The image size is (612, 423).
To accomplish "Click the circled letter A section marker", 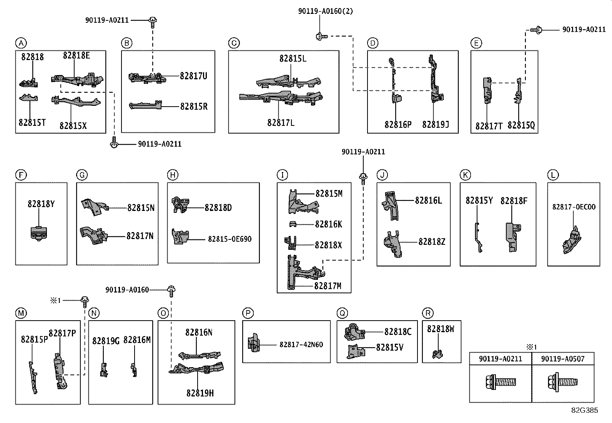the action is click(21, 43).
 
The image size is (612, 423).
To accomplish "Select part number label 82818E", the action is click(76, 55).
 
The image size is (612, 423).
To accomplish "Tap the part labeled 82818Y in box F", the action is click(39, 233).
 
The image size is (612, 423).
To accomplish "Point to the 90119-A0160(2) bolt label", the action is click(325, 11).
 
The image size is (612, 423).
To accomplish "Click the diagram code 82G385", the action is click(585, 410).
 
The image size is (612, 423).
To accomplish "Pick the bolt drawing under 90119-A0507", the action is click(562, 382).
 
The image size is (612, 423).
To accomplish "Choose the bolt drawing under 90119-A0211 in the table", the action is click(501, 382).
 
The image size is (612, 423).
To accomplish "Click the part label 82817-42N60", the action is click(301, 344).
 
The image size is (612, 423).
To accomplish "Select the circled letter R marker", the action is click(428, 313).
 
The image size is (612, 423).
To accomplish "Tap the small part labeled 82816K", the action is click(293, 224).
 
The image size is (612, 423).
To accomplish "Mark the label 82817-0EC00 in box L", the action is click(574, 207).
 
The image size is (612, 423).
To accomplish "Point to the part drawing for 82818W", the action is click(437, 354).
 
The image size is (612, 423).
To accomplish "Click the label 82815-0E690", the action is click(230, 239).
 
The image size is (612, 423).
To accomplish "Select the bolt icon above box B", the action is click(153, 22).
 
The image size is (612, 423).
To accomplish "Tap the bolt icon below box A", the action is click(114, 142).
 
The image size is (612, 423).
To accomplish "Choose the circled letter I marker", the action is click(282, 175).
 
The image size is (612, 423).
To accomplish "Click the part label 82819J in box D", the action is click(436, 124).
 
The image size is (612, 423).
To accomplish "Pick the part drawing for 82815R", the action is click(145, 105).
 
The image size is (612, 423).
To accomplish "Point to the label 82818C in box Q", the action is click(398, 332).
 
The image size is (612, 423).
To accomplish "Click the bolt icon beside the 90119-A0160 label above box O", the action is click(171, 291).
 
